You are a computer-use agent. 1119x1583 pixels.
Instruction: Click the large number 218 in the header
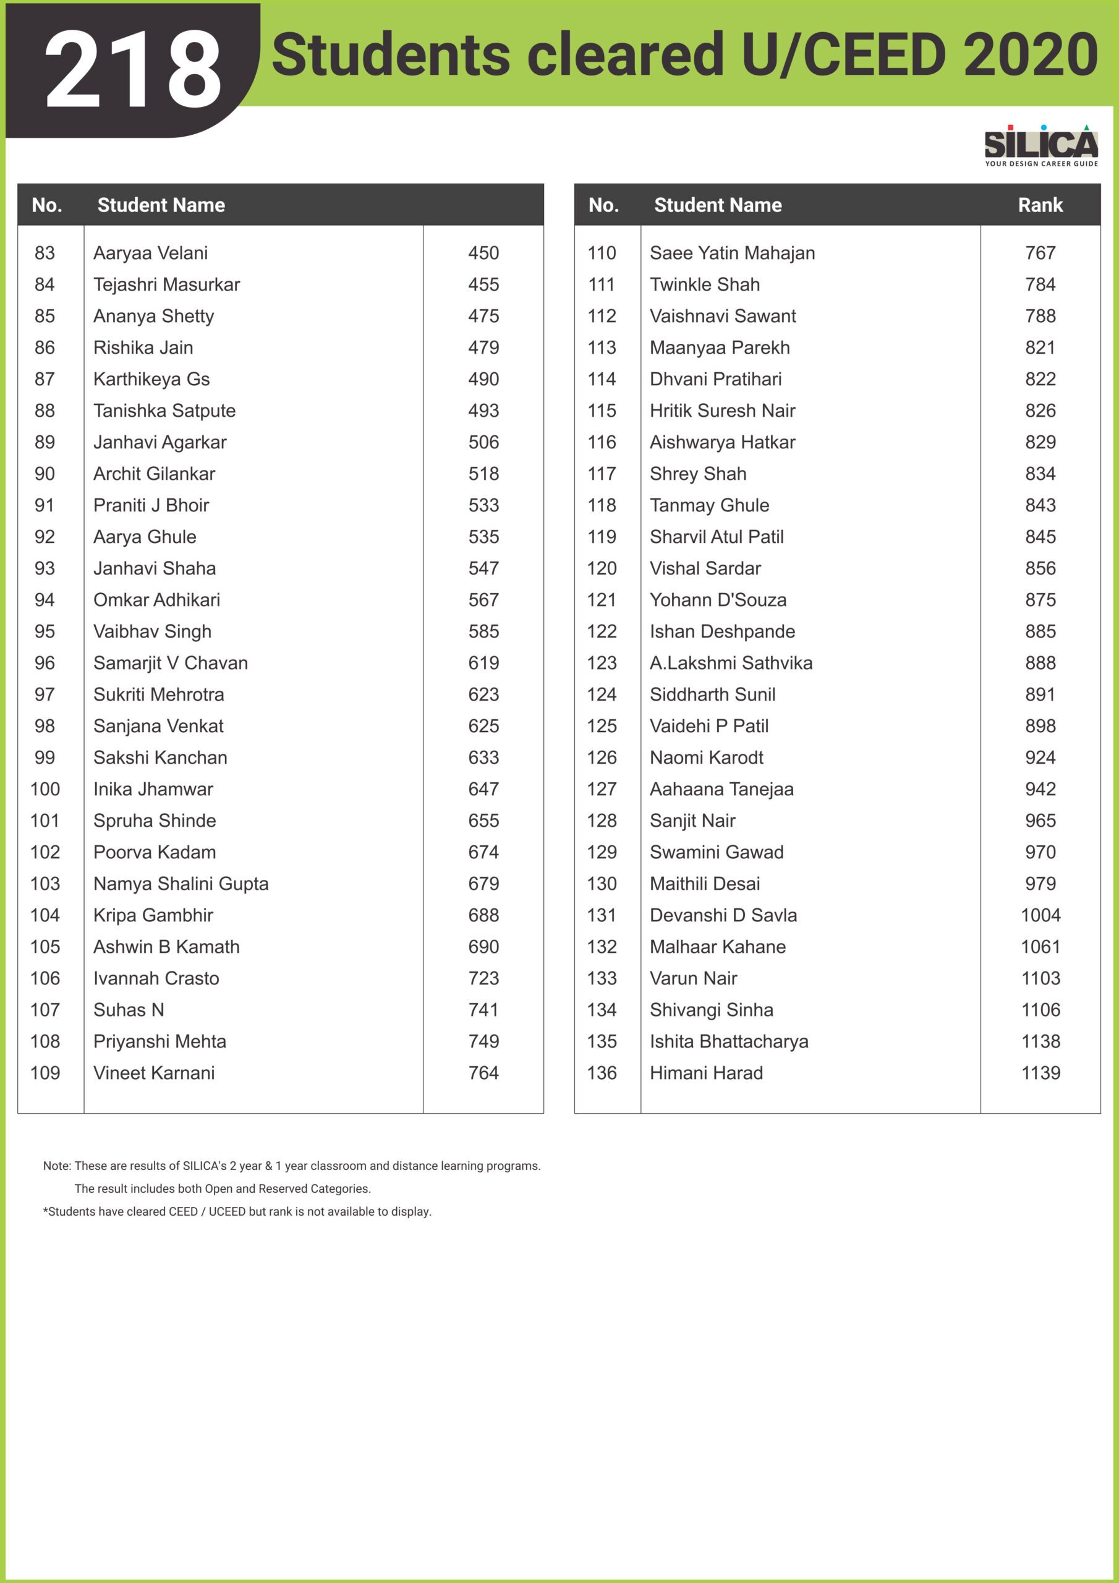coord(133,70)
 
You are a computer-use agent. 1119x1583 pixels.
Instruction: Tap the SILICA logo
coord(1040,145)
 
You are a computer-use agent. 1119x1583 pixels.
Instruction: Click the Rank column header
coord(1040,205)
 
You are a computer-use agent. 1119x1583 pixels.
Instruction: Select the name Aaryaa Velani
coord(150,253)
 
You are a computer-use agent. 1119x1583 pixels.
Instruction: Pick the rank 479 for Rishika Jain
coord(483,348)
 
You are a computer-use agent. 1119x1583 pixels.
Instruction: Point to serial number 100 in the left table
coord(45,789)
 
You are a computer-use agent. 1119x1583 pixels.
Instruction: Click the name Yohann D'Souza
coord(718,600)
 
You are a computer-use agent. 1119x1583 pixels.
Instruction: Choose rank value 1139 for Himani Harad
coord(1040,1073)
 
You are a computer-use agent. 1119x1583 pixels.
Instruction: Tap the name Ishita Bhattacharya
coord(729,1041)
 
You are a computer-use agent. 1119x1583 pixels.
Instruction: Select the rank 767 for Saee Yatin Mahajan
coord(1040,253)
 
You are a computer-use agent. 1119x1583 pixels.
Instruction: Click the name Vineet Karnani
coord(154,1073)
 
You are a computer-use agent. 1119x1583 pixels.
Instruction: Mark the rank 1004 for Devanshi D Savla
coord(1040,915)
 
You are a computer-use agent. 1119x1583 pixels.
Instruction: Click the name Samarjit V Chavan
coord(170,662)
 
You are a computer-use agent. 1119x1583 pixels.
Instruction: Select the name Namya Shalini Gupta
coord(181,883)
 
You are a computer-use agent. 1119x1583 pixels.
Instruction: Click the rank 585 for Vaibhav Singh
coord(483,631)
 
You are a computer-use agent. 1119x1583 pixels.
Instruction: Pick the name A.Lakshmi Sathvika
coord(731,662)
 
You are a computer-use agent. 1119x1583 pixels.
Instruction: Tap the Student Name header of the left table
coord(161,205)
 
